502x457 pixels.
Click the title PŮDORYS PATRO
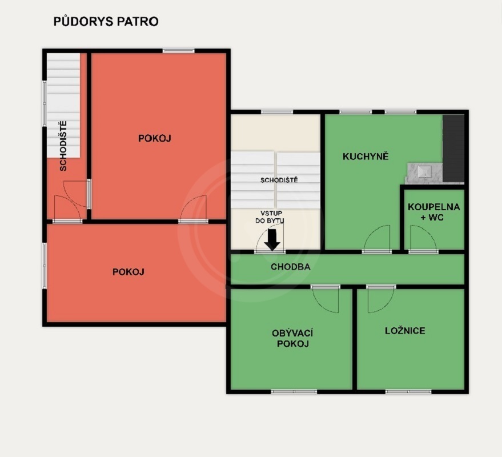click(106, 22)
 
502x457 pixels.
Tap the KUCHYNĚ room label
click(366, 157)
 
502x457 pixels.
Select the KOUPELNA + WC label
click(434, 212)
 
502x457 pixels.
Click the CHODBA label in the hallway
click(290, 267)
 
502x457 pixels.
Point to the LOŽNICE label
click(405, 331)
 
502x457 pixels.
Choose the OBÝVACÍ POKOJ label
click(292, 339)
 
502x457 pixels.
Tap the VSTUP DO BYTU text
click(271, 217)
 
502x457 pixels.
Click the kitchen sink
click(424, 173)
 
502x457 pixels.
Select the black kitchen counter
click(453, 149)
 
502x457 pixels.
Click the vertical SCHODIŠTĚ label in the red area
click(63, 146)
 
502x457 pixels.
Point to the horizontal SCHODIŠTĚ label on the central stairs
click(279, 181)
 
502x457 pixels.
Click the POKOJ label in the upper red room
click(155, 138)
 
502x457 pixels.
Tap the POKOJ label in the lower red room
click(128, 272)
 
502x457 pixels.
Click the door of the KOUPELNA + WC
click(423, 238)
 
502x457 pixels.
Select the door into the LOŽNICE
click(381, 299)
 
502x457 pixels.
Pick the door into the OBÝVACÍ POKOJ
click(325, 299)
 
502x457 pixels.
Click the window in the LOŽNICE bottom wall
click(408, 391)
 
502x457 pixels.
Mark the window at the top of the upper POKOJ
click(178, 51)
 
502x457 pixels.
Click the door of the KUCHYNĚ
click(377, 238)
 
